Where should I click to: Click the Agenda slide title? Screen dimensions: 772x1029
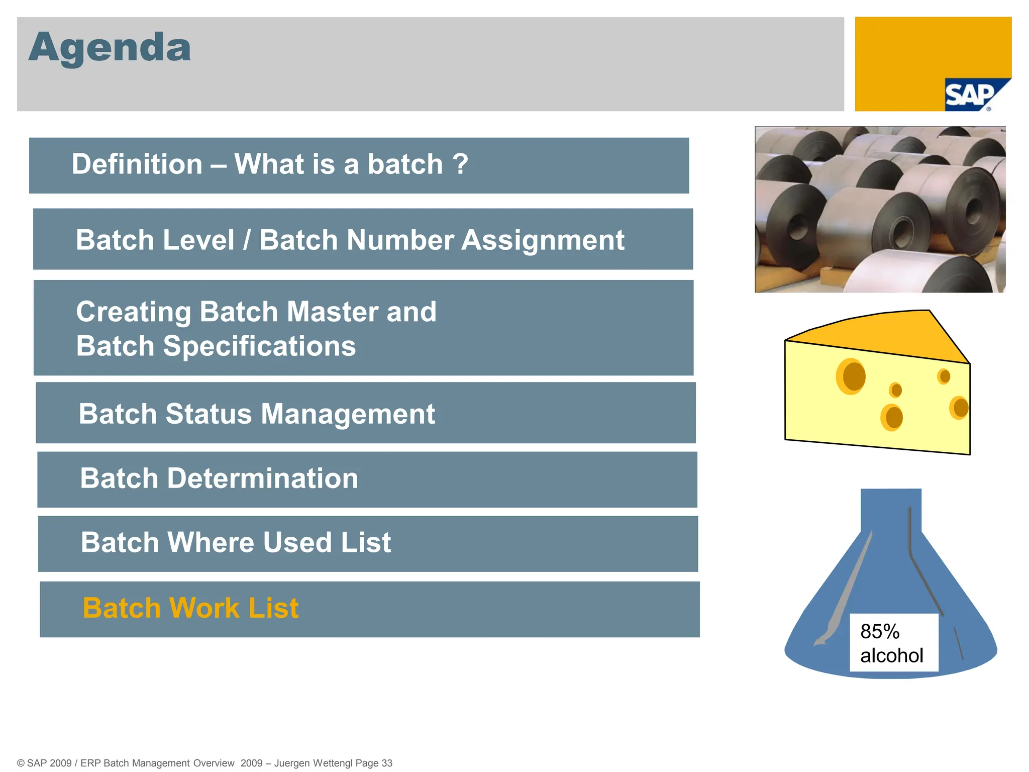tap(110, 47)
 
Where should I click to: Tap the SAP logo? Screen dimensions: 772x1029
tap(970, 95)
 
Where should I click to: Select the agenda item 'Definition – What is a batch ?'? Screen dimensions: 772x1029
tap(270, 164)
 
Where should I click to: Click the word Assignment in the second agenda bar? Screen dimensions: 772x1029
tap(543, 240)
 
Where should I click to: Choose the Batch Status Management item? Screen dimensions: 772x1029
tap(257, 414)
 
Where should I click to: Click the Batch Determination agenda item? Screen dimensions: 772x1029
tap(219, 478)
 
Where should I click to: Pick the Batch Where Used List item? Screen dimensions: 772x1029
tap(236, 543)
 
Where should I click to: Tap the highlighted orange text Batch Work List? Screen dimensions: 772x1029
tap(190, 608)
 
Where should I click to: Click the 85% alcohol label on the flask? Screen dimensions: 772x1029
tap(893, 643)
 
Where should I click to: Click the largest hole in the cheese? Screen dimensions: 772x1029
tap(851, 376)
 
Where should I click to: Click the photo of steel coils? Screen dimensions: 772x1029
tap(880, 210)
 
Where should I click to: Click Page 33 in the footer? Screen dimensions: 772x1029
tap(374, 763)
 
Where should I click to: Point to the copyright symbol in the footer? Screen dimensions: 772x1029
tap(21, 763)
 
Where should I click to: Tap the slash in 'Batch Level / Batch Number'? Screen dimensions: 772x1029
tap(247, 240)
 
